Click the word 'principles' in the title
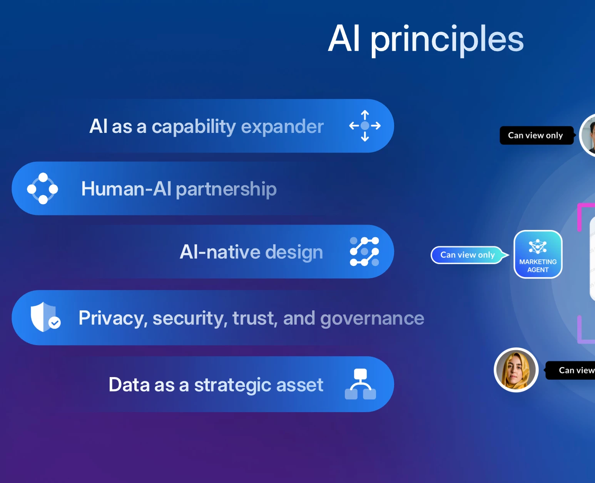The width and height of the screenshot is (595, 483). pos(447,40)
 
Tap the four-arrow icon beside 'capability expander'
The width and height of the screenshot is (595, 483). pos(365,126)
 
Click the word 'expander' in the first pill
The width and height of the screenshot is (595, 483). pos(282,127)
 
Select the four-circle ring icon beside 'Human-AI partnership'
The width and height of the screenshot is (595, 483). pos(43,189)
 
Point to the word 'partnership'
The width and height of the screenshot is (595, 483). pos(226,190)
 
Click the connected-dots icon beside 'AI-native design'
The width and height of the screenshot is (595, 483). pos(364,252)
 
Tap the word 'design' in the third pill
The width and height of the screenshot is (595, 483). pos(294,252)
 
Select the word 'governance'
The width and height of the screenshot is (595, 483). pos(372,319)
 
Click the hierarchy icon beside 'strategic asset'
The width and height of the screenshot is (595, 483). pos(360,384)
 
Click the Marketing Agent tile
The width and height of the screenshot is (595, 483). pos(538,254)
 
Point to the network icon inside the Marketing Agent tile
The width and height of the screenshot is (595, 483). pos(538,246)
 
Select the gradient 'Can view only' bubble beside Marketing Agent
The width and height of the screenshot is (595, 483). pos(469,255)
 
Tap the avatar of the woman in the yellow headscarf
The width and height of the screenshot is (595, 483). pos(516,370)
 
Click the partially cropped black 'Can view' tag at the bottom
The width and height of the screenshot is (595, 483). pos(570,371)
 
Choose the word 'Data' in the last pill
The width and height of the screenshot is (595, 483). pos(129,385)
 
